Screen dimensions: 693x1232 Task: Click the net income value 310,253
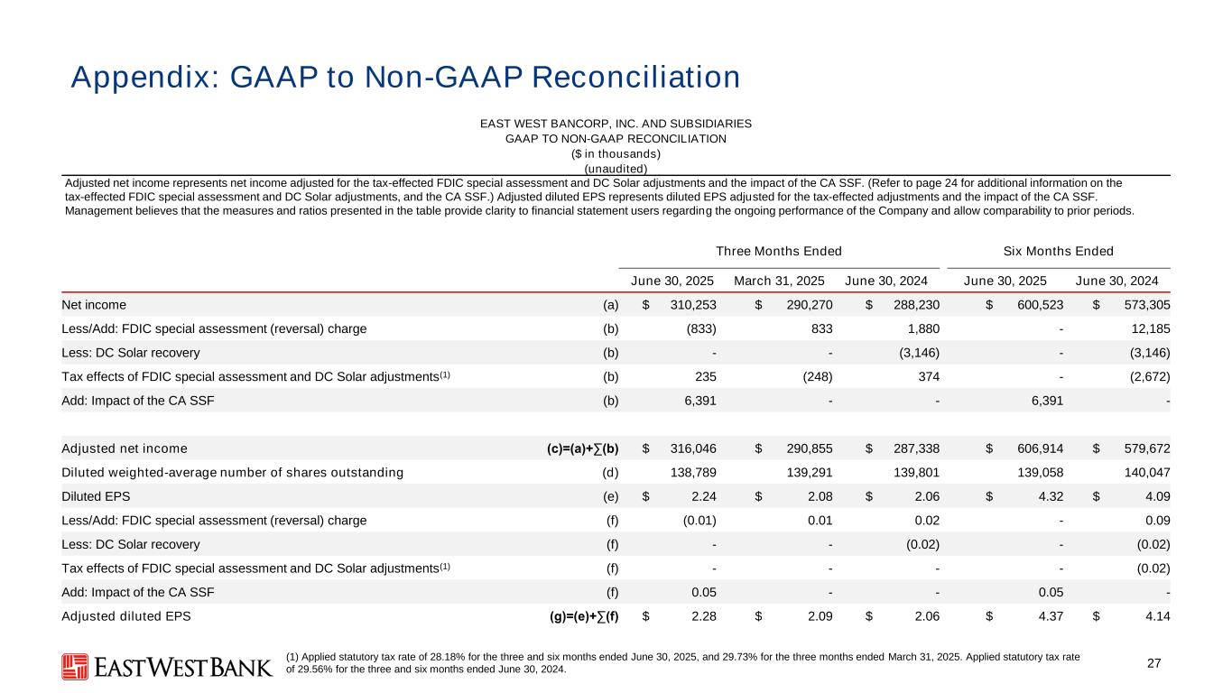click(689, 305)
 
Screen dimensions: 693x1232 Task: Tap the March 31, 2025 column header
click(783, 280)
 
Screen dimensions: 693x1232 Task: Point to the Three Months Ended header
click(778, 251)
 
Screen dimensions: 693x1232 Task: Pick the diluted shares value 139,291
click(805, 472)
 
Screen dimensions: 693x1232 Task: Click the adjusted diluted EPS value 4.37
click(1048, 616)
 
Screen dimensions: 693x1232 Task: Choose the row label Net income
click(94, 305)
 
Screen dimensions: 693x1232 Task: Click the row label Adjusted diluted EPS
click(125, 616)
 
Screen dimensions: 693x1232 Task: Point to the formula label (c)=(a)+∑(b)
click(578, 448)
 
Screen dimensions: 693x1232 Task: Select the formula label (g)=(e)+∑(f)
click(578, 616)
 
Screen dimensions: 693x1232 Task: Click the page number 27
click(1153, 664)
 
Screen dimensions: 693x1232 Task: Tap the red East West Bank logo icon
click(74, 667)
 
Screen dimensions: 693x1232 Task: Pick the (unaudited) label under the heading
click(615, 168)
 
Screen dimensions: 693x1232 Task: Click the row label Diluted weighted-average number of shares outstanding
click(232, 472)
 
